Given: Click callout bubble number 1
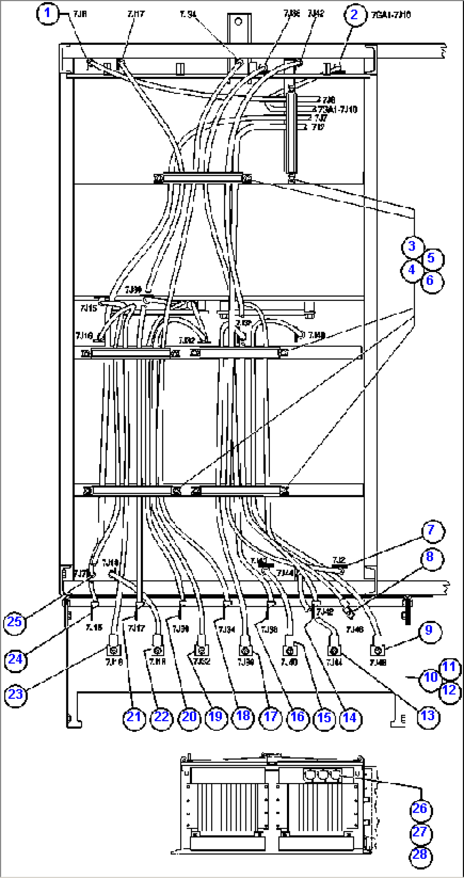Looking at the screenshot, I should pos(47,13).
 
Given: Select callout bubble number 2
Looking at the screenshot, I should pos(354,15).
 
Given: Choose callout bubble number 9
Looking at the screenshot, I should pos(429,630).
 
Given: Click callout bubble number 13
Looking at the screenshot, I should pos(427,715).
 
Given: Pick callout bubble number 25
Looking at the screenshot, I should pos(14,622).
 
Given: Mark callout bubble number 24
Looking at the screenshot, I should pos(15,659).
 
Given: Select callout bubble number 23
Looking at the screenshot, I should pos(15,694).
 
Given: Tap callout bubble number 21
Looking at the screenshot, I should pos(134,717).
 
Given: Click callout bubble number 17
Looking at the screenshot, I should pos(271,717).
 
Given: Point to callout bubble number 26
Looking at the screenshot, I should pos(420,809).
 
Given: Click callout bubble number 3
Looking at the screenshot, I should pos(412,246).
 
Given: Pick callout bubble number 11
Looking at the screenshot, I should pos(449,667).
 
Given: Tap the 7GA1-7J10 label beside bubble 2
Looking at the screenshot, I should pos(391,15).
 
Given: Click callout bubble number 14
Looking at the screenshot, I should pos(350,718).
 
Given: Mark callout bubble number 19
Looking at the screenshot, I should pos(215,717).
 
